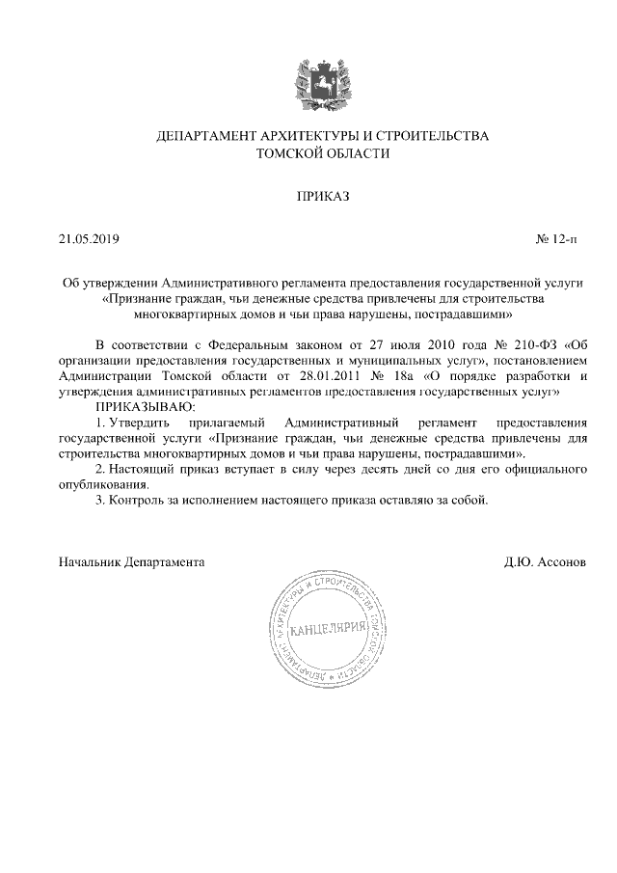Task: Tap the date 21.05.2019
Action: [88, 238]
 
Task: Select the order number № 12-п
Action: [561, 238]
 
